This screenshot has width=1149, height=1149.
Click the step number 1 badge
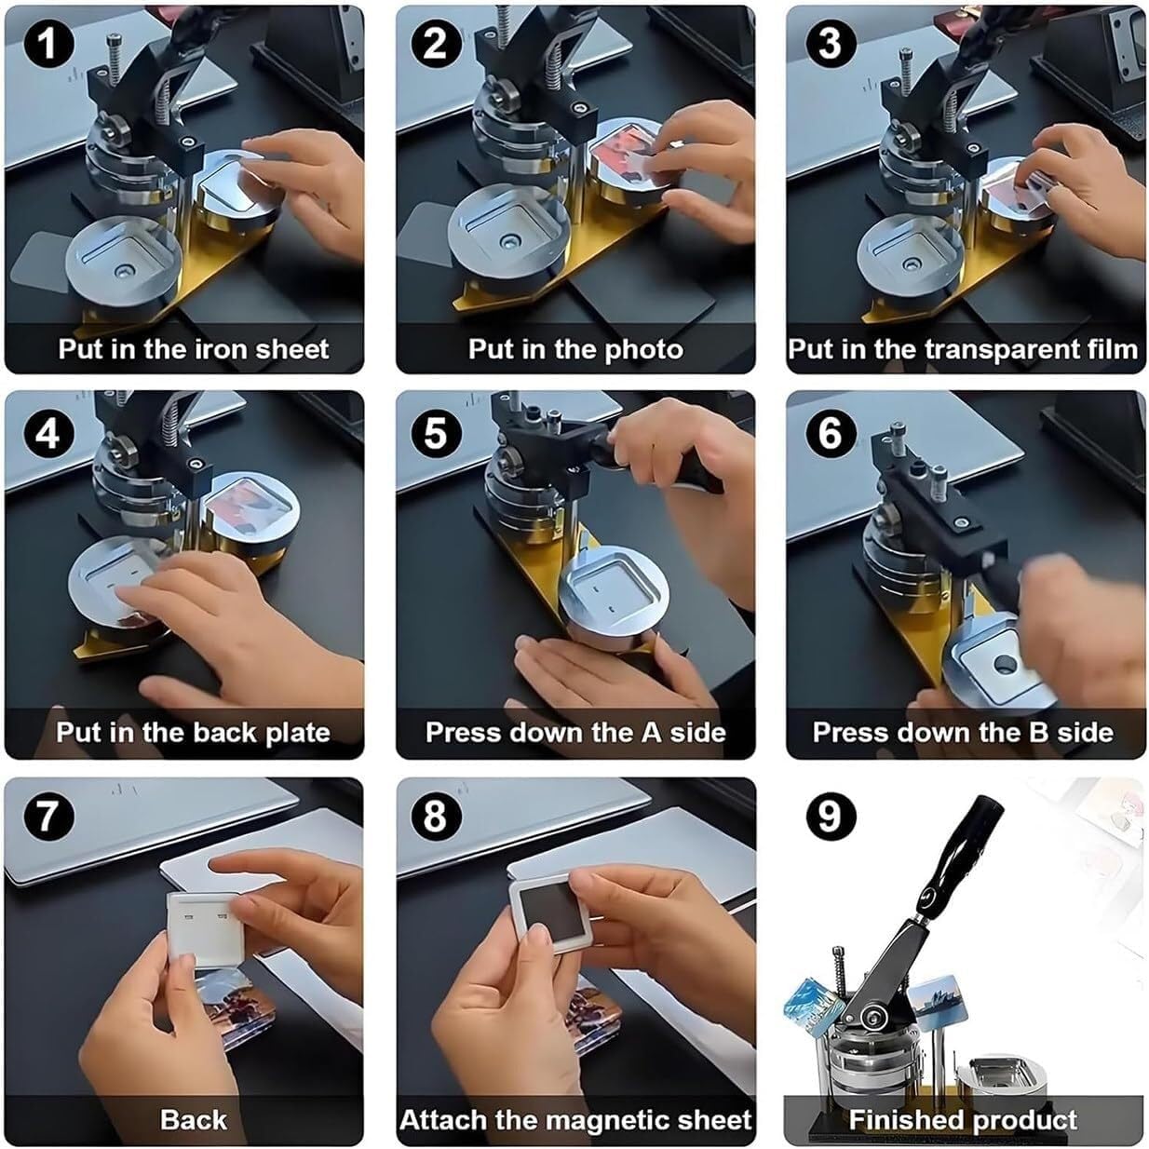pyautogui.click(x=47, y=44)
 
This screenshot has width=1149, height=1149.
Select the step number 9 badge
pyautogui.click(x=829, y=816)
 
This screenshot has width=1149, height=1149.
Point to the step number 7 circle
pyautogui.click(x=47, y=816)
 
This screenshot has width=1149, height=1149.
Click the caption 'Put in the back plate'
pyautogui.click(x=193, y=733)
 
